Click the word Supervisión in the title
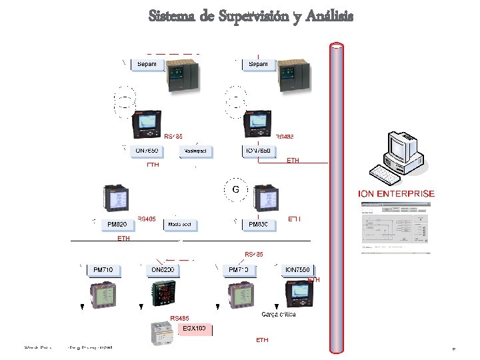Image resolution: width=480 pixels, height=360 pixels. point(253,15)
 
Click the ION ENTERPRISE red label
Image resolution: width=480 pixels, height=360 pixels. point(397,193)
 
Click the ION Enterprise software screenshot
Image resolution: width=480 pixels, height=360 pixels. point(397,227)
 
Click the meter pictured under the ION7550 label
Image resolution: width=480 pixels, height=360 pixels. point(299,295)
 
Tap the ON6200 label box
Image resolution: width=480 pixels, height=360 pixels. point(163,269)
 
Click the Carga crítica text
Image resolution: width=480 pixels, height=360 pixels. point(279,314)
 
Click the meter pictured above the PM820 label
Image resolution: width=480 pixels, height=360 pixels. point(115,199)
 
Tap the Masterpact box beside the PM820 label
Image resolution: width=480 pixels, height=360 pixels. point(181,225)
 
